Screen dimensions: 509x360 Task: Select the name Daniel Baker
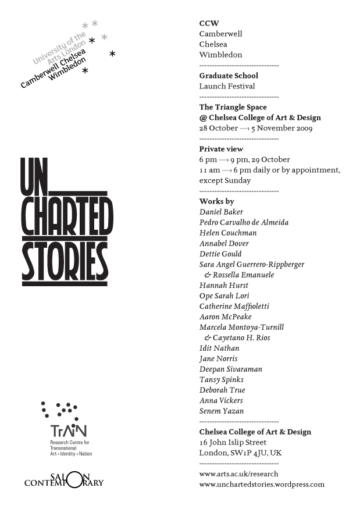221,212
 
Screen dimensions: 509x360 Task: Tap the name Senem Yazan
222,411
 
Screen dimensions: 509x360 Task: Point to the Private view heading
221,149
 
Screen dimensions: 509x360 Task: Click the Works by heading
216,201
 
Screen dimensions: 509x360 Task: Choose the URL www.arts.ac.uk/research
238,474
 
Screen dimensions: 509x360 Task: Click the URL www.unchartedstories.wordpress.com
262,484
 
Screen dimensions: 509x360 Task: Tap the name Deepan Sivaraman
230,369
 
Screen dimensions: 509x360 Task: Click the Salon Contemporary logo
64,480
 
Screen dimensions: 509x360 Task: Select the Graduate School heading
229,76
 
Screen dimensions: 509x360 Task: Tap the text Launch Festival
227,86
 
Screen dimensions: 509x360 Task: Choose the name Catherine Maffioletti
234,306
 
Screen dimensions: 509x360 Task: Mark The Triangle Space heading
233,107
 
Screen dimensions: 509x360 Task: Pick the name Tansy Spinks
220,379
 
